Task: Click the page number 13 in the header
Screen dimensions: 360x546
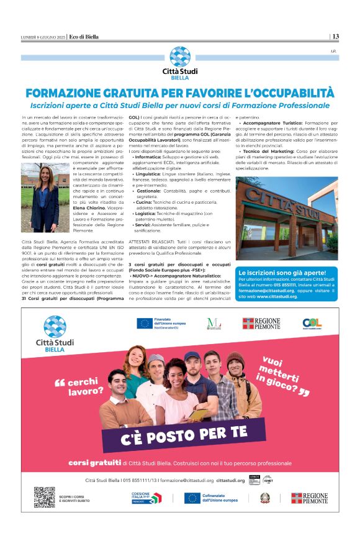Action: (x=335, y=37)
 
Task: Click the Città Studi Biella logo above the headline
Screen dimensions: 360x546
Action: (x=180, y=61)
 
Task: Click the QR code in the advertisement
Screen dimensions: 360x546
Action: (x=44, y=497)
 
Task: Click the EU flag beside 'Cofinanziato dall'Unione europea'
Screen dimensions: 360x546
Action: (x=192, y=498)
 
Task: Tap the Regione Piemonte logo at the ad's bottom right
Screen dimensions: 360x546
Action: (x=309, y=498)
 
